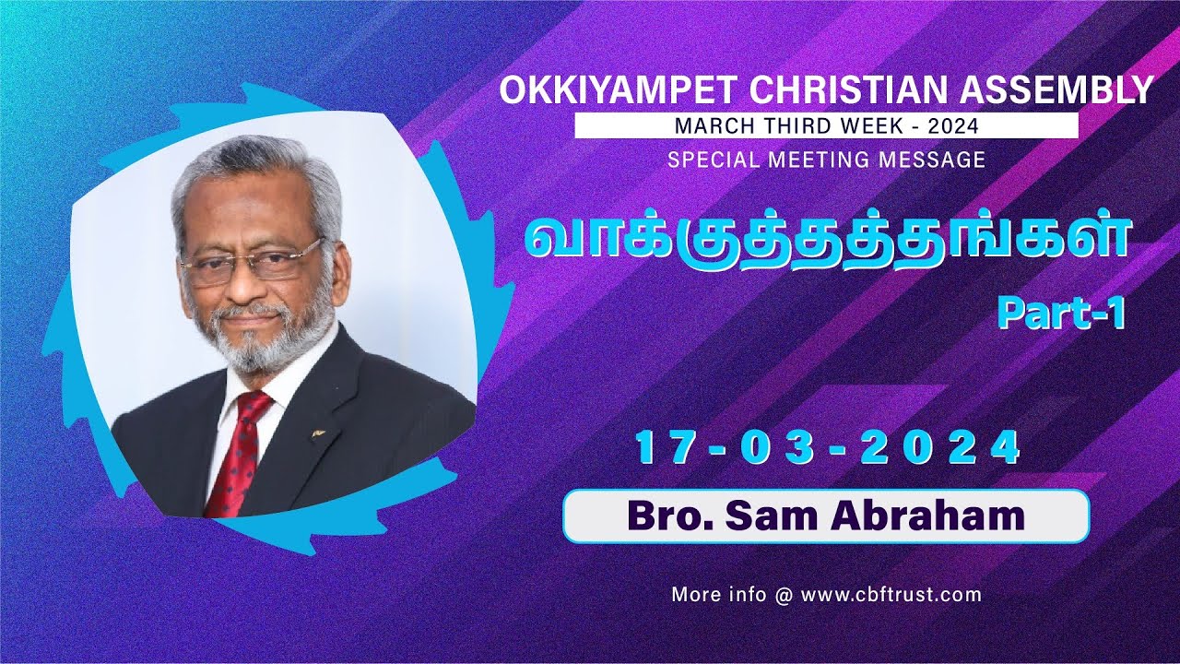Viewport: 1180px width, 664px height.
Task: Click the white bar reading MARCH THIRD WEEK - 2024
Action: click(x=826, y=125)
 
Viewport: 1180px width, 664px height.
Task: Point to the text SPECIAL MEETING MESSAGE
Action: click(x=826, y=160)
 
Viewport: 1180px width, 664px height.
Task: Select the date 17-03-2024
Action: click(x=828, y=450)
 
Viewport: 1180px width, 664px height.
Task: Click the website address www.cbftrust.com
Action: click(x=891, y=595)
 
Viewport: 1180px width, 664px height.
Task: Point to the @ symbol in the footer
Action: click(x=784, y=596)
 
